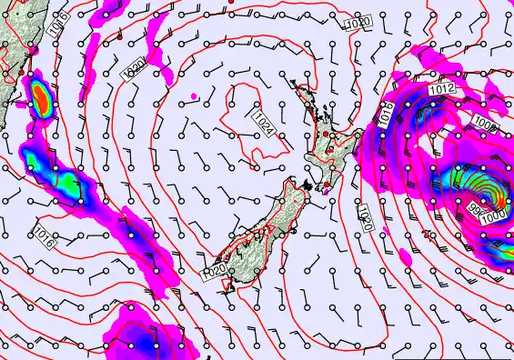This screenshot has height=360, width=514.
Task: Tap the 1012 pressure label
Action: pos(441,89)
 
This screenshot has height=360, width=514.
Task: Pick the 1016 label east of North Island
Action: pos(386,114)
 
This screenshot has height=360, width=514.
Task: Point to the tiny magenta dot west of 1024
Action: pos(194,95)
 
